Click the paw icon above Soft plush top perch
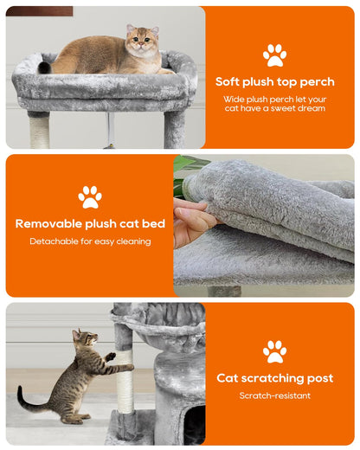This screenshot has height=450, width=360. pyautogui.click(x=274, y=55)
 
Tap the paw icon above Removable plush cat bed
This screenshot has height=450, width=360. pyautogui.click(x=90, y=196)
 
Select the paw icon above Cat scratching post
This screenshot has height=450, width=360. pyautogui.click(x=274, y=351)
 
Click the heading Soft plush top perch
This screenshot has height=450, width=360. pyautogui.click(x=275, y=81)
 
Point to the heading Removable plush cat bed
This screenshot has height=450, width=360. pyautogui.click(x=90, y=224)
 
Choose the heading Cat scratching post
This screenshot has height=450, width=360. pyautogui.click(x=274, y=378)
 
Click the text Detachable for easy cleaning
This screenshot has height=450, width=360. pyautogui.click(x=90, y=241)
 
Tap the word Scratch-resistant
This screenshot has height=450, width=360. pyautogui.click(x=274, y=395)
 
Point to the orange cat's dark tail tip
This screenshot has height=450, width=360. pyautogui.click(x=44, y=67)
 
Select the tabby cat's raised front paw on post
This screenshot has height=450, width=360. pyautogui.click(x=111, y=356)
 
